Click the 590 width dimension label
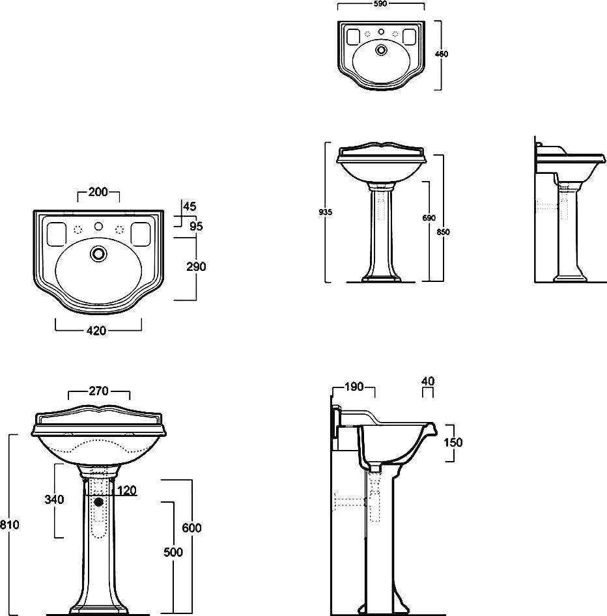380,3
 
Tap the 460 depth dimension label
442,54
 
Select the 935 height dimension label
325,212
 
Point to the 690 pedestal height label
429,217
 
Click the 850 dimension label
443,232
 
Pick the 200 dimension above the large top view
98,191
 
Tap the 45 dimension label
190,206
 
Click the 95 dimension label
197,226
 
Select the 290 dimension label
196,266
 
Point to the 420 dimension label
96,331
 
